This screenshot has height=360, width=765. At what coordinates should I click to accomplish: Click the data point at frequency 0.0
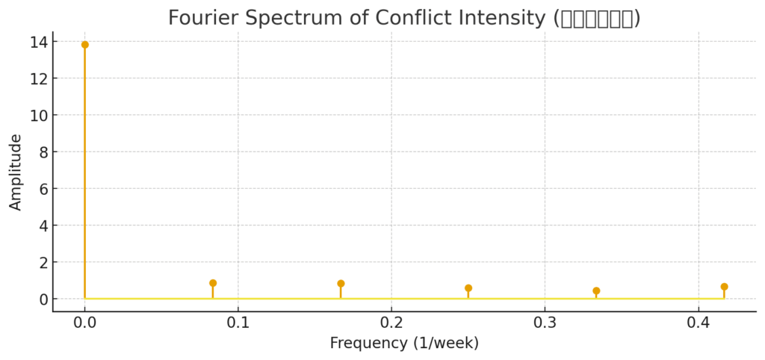[x=84, y=45]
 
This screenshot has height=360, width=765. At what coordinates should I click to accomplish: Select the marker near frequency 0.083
[x=213, y=283]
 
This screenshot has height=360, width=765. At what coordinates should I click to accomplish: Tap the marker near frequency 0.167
[x=341, y=284]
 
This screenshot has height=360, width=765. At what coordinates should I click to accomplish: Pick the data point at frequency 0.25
[x=468, y=288]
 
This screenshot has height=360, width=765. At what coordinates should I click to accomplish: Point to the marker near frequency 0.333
[x=596, y=291]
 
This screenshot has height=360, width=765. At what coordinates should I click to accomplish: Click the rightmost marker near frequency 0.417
[x=724, y=287]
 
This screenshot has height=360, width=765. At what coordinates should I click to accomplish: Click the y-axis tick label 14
[x=37, y=43]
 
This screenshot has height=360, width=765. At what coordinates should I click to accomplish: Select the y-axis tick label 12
[x=37, y=79]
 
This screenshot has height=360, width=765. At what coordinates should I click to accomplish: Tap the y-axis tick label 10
[x=37, y=116]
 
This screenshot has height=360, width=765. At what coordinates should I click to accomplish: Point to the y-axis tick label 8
[x=42, y=152]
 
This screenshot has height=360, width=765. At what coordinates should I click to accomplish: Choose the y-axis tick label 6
[x=42, y=189]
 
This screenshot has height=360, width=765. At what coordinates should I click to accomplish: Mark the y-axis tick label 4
[x=42, y=226]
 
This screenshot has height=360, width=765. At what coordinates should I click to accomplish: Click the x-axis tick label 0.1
[x=238, y=323]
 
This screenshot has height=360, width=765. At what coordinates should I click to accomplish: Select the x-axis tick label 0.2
[x=391, y=323]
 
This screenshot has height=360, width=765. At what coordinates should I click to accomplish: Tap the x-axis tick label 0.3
[x=545, y=323]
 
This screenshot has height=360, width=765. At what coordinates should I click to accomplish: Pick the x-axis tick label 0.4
[x=698, y=323]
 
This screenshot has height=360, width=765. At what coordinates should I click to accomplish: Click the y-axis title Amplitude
[x=16, y=172]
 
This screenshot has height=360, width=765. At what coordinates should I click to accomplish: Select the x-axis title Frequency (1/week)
[x=404, y=344]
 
